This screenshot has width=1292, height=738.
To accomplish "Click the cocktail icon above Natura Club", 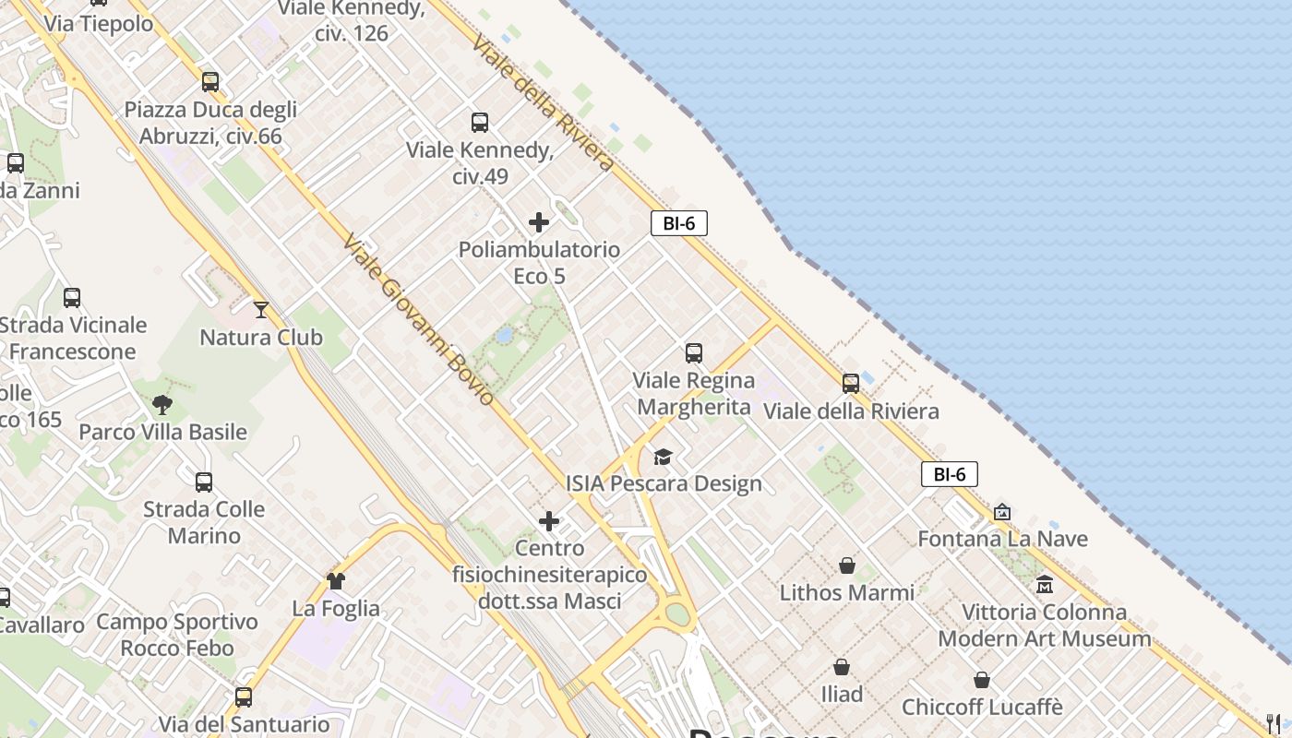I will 261,310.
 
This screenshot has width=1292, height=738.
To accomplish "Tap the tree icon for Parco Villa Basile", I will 162,404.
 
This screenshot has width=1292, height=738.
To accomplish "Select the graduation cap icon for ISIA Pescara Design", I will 663,457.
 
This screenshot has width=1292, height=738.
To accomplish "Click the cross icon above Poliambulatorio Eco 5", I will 539,222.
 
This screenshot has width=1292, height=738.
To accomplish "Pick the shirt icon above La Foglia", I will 335,581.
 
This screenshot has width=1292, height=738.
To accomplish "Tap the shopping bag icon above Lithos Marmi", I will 846,565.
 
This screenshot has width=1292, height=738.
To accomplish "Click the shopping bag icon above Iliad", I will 842,667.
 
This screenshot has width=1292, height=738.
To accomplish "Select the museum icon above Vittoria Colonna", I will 1045,585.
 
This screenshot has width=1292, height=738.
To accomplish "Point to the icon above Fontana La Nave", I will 1002,512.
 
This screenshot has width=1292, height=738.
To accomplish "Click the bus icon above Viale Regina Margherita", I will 694,353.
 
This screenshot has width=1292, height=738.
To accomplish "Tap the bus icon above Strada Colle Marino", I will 204,482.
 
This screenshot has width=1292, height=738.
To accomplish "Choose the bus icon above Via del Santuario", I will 244,697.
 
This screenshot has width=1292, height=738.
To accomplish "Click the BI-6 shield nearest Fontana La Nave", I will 949,474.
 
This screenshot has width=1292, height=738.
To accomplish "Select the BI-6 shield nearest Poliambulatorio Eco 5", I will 679,222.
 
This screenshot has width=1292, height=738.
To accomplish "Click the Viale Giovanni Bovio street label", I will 418,319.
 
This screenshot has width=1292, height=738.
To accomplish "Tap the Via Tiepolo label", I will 99,24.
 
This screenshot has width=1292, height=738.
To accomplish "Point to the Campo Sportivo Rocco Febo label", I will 177,635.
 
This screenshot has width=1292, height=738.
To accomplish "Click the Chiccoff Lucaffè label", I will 982,708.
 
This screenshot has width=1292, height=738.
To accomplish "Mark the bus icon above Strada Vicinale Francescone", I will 72,298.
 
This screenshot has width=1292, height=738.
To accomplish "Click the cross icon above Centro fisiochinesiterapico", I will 549,522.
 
